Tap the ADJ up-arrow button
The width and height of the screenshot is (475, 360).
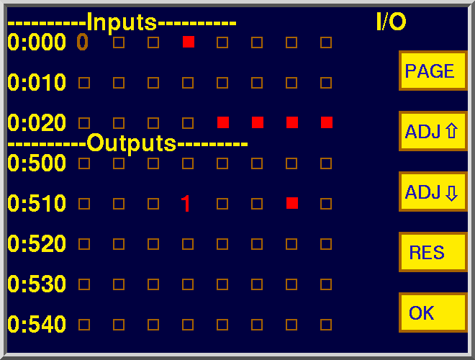pyautogui.click(x=433, y=131)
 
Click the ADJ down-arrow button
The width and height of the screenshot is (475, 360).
pyautogui.click(x=433, y=192)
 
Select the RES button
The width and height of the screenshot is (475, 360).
pyautogui.click(x=433, y=252)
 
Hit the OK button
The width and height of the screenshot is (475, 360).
pyautogui.click(x=433, y=312)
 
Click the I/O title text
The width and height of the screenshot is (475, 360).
pyautogui.click(x=391, y=22)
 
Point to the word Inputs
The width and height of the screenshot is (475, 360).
pyautogui.click(x=122, y=22)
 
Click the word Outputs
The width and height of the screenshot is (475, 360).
pyautogui.click(x=132, y=143)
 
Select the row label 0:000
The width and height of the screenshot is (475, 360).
pyautogui.click(x=37, y=42)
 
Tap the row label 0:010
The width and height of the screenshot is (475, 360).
pyautogui.click(x=37, y=82)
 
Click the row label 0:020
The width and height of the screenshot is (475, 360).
pyautogui.click(x=37, y=122)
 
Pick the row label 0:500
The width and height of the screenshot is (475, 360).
pyautogui.click(x=37, y=163)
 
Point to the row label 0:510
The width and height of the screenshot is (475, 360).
pyautogui.click(x=37, y=203)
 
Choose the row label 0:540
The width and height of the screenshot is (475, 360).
pyautogui.click(x=37, y=324)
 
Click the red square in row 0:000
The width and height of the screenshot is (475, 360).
pyautogui.click(x=189, y=42)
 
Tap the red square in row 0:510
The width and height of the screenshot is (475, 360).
pyautogui.click(x=292, y=203)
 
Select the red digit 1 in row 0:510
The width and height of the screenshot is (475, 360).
pyautogui.click(x=186, y=203)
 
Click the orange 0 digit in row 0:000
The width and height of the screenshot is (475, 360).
pyautogui.click(x=82, y=42)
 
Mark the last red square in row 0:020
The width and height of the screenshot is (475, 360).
pyautogui.click(x=327, y=122)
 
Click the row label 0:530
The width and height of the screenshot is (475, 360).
pyautogui.click(x=37, y=284)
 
